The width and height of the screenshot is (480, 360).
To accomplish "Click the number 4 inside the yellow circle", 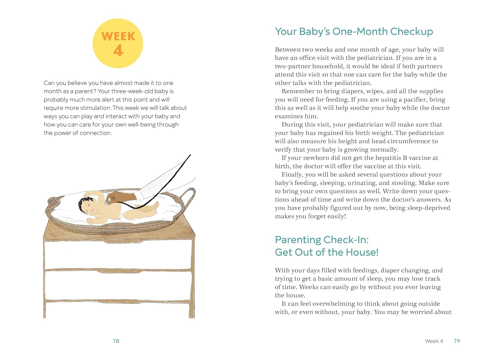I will [118, 51].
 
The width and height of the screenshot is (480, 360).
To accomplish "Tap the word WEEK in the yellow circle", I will [118, 36].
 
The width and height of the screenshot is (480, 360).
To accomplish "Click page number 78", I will [116, 341].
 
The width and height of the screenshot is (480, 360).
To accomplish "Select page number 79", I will [457, 341].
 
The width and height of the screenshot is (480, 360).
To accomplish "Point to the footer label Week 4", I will [434, 341].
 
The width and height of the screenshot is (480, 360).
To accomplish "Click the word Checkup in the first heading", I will [411, 32].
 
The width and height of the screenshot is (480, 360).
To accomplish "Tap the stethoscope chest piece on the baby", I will [107, 203].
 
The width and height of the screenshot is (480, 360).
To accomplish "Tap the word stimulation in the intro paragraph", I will [95, 108].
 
